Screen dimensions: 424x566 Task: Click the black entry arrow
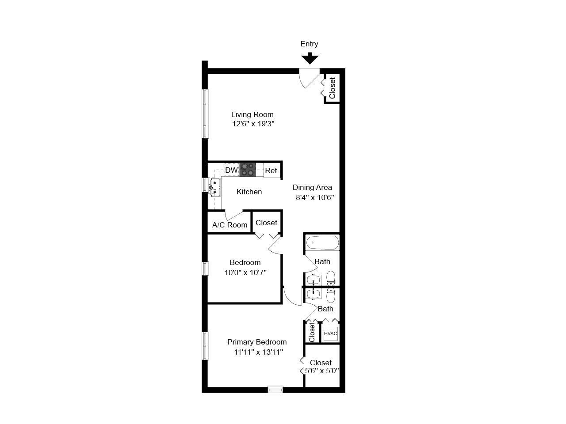click(310, 58)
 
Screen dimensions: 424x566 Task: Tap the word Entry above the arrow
click(309, 44)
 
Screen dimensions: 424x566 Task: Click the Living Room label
click(252, 114)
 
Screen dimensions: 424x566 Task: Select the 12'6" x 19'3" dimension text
click(253, 124)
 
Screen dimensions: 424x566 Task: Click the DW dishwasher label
click(231, 170)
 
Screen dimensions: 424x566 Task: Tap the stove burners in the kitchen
click(248, 170)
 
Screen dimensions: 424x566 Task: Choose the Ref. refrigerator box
click(272, 170)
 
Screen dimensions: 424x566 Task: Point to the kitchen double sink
click(215, 187)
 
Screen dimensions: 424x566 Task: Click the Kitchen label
click(249, 192)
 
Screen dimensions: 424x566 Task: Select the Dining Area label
click(312, 187)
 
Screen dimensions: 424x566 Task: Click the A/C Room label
click(229, 225)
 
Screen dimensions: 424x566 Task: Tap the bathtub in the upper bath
click(322, 243)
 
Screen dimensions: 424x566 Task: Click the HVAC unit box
click(331, 333)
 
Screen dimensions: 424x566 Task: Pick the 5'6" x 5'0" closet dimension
click(322, 371)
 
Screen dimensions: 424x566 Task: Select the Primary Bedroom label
click(256, 342)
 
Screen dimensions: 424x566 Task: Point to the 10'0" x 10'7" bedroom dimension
click(245, 273)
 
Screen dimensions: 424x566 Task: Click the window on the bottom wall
click(275, 389)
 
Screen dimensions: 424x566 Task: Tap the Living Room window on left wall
click(205, 114)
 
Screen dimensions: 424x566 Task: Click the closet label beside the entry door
click(333, 88)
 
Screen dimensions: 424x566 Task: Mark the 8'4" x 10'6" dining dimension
click(314, 197)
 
